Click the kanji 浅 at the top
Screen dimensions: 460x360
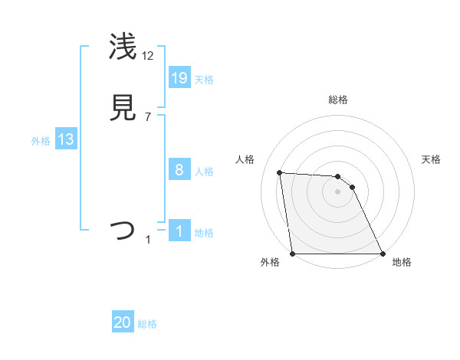pyautogui.click(x=123, y=47)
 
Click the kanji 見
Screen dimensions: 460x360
pyautogui.click(x=123, y=106)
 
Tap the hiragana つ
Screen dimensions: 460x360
pyautogui.click(x=123, y=229)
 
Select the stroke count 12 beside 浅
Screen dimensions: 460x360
pyautogui.click(x=149, y=55)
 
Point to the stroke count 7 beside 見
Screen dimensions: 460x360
pyautogui.click(x=148, y=116)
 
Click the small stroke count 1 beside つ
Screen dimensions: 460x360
pyautogui.click(x=148, y=240)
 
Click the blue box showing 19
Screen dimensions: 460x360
pyautogui.click(x=179, y=78)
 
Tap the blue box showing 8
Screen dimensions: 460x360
pyautogui.click(x=179, y=170)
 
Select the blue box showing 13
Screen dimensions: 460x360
pyautogui.click(x=65, y=139)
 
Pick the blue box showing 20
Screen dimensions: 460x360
pyautogui.click(x=123, y=323)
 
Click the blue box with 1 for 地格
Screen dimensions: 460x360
pyautogui.click(x=179, y=231)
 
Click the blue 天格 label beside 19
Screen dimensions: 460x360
pyautogui.click(x=204, y=80)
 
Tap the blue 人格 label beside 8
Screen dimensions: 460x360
pyautogui.click(x=204, y=172)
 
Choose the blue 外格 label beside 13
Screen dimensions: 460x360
pyautogui.click(x=41, y=141)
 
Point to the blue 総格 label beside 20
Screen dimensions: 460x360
pyautogui.click(x=148, y=325)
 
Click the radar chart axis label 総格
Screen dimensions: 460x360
pyautogui.click(x=337, y=100)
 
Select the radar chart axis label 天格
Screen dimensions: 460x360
pyautogui.click(x=432, y=159)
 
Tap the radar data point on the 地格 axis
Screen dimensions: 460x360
pyautogui.click(x=383, y=254)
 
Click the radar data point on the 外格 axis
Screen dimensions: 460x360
pyautogui.click(x=292, y=254)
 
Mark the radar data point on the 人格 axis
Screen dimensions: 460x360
pyautogui.click(x=280, y=173)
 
